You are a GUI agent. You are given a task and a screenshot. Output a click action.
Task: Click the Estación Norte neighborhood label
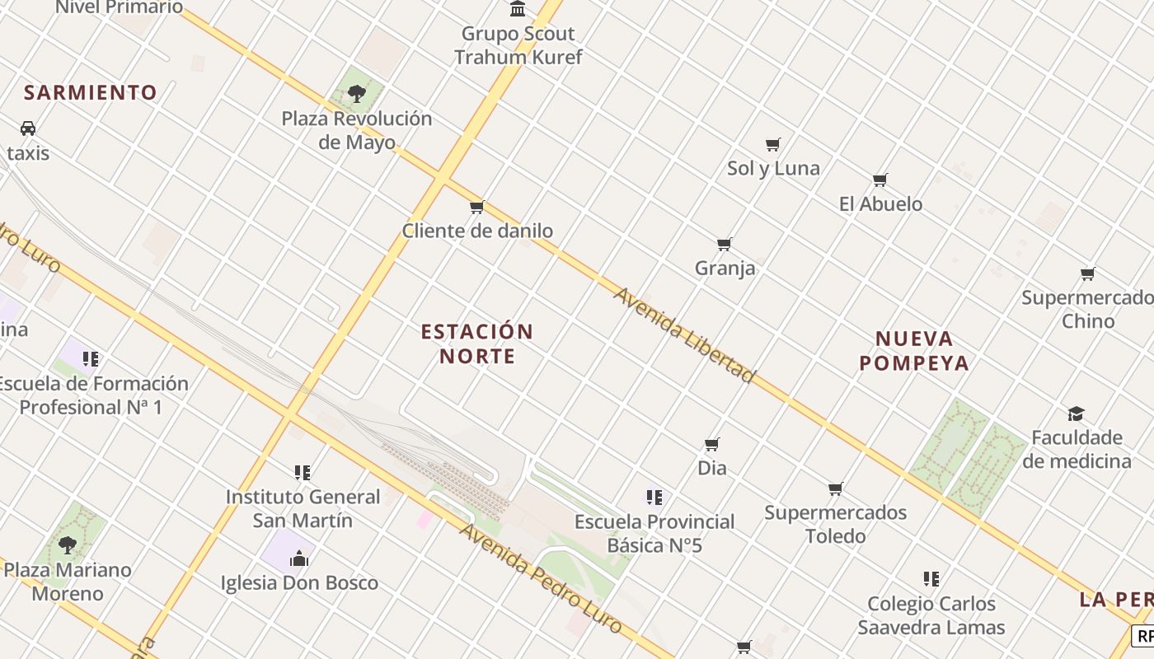point(476,344)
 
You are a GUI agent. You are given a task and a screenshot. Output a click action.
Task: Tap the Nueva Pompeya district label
point(913,350)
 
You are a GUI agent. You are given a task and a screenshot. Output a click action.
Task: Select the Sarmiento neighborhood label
point(90,92)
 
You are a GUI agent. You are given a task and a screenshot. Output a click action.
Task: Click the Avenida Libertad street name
point(683,334)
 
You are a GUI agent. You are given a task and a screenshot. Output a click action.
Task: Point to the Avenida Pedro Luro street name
point(541,577)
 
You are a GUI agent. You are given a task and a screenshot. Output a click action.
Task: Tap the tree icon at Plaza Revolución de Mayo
point(356,94)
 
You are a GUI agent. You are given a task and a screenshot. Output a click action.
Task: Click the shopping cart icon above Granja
point(724,244)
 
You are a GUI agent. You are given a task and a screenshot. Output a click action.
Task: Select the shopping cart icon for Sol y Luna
point(772,145)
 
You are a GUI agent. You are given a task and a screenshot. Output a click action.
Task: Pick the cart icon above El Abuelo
point(880,180)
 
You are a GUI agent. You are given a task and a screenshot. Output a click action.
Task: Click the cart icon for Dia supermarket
point(712,445)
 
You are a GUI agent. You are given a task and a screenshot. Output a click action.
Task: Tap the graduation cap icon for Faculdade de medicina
point(1076,414)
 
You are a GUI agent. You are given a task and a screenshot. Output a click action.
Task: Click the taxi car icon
point(28,129)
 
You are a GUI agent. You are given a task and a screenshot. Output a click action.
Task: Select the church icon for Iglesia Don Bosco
point(298,559)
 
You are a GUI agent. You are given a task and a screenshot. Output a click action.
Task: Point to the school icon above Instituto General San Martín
point(303,473)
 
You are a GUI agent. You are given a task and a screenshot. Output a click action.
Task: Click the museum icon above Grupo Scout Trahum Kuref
point(518,9)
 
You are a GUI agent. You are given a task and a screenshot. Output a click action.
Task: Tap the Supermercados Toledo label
point(835,524)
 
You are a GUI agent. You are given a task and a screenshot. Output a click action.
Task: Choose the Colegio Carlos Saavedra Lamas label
point(931,615)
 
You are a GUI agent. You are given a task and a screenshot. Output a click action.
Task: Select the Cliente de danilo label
point(477,231)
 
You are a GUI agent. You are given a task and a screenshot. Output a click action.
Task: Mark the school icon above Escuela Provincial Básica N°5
point(654,498)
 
